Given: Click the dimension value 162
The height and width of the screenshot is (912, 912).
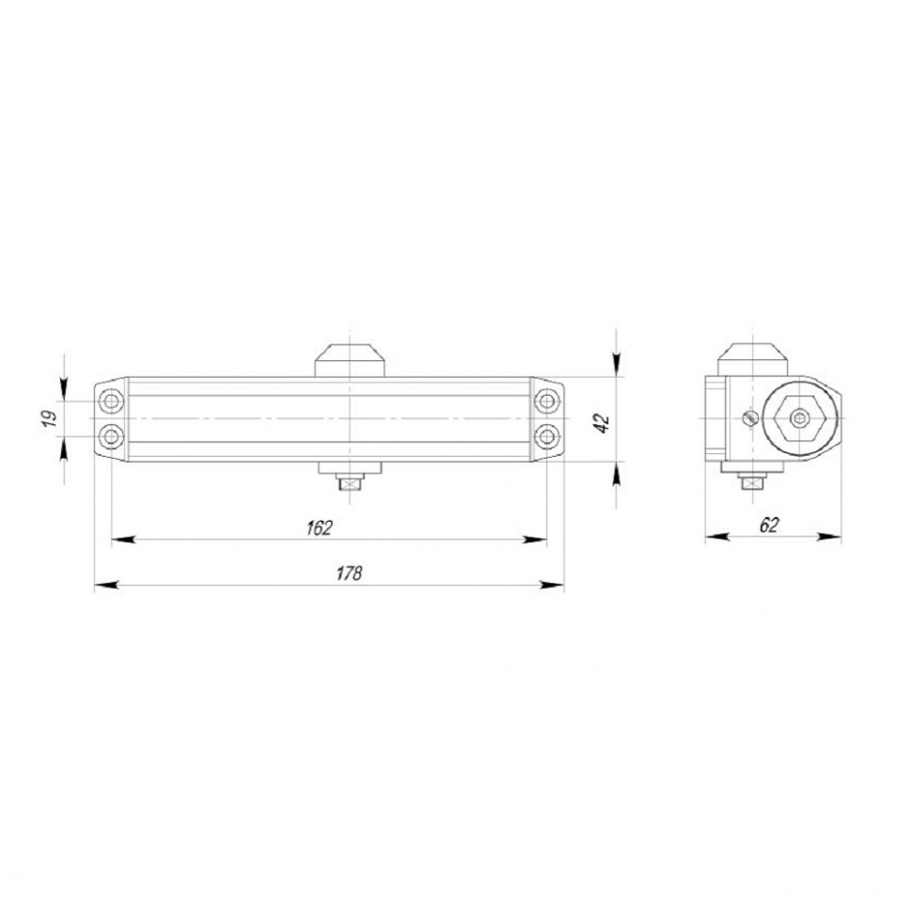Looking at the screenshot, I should pyautogui.click(x=320, y=527).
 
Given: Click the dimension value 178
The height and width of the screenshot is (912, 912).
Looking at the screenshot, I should pyautogui.click(x=349, y=574).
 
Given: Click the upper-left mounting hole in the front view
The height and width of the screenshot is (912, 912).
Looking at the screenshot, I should pyautogui.click(x=113, y=401).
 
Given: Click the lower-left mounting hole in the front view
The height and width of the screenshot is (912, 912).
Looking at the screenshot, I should pyautogui.click(x=113, y=436).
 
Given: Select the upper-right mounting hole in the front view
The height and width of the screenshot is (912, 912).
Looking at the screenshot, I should pyautogui.click(x=545, y=401).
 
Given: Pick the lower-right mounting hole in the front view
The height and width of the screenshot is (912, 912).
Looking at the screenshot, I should pyautogui.click(x=545, y=436).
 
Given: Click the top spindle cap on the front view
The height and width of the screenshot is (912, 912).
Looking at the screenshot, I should pyautogui.click(x=350, y=359).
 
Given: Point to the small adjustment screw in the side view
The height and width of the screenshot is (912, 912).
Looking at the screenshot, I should pyautogui.click(x=749, y=417).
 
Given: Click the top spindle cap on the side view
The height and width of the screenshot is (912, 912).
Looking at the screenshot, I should pyautogui.click(x=751, y=359).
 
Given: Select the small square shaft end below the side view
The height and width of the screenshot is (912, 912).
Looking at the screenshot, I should pyautogui.click(x=751, y=484).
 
